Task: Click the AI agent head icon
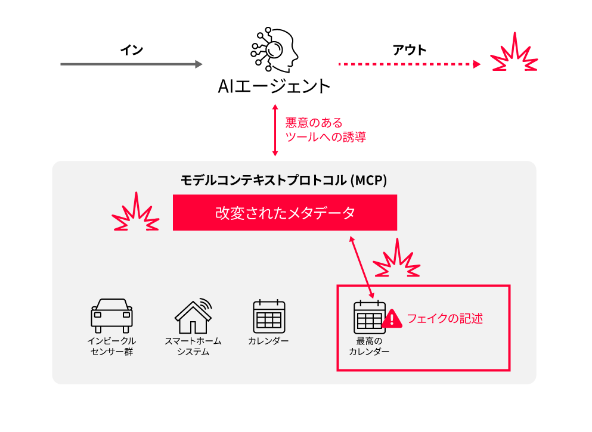[274, 49]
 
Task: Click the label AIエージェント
[274, 86]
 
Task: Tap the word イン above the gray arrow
[131, 50]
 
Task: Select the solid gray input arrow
[131, 64]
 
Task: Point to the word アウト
[410, 50]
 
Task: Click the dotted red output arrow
[410, 64]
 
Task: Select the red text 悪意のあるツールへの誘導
[326, 130]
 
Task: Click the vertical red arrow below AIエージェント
[275, 130]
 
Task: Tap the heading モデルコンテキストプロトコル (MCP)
[284, 181]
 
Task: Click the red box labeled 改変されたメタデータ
[285, 212]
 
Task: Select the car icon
[111, 316]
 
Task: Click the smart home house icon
[193, 316]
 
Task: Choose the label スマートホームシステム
[193, 346]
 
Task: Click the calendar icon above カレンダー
[269, 316]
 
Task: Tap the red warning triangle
[392, 319]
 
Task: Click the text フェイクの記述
[445, 319]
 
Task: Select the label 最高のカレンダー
[369, 346]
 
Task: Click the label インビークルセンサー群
[111, 346]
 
